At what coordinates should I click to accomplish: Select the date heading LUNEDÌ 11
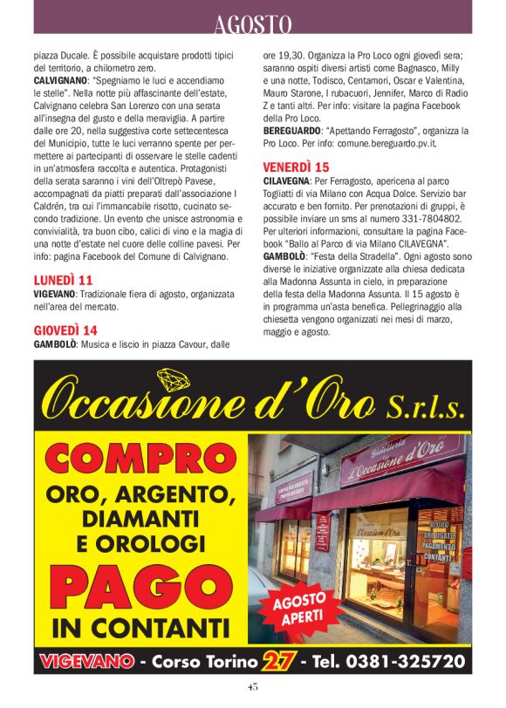(x=63, y=280)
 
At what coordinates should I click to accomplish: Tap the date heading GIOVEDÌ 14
(x=65, y=330)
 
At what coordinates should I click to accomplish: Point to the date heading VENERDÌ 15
(x=296, y=166)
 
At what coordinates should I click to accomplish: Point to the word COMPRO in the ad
(x=141, y=460)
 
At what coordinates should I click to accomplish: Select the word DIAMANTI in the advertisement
(x=141, y=520)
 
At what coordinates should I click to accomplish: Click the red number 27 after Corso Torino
(x=276, y=660)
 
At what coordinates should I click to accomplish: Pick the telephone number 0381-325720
(x=405, y=660)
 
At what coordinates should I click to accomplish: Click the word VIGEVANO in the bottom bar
(x=85, y=660)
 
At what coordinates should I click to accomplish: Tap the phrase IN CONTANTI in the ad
(x=141, y=626)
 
